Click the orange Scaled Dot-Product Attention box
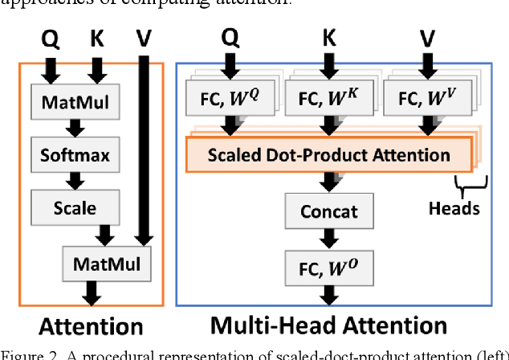(328, 153)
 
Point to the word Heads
(454, 208)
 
